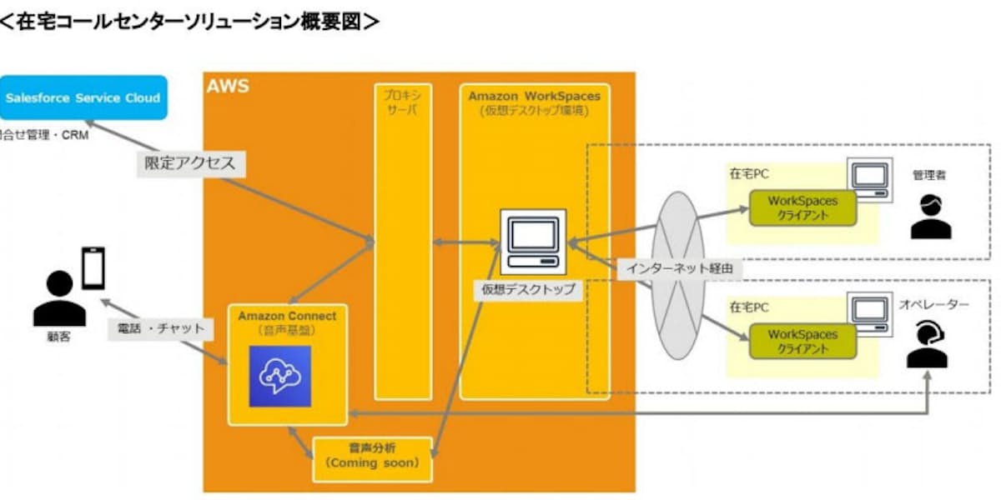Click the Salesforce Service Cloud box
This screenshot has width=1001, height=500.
point(83,98)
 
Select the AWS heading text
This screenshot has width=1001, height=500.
point(228,87)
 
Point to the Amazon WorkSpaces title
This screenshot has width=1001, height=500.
point(535,97)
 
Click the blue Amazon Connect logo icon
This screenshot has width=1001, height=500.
point(279,376)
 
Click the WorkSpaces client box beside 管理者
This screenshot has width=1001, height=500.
point(802,207)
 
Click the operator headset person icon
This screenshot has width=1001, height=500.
point(928,346)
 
